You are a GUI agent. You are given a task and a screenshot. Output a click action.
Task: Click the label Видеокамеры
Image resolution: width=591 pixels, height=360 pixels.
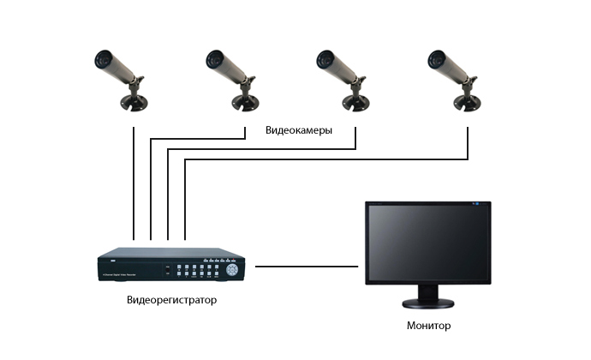298,130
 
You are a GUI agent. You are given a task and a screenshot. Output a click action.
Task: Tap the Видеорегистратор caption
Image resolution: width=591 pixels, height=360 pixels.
171,300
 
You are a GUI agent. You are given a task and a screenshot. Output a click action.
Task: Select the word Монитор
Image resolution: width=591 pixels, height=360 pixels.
428,326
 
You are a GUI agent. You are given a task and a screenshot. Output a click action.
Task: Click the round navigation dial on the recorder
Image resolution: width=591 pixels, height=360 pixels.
233,270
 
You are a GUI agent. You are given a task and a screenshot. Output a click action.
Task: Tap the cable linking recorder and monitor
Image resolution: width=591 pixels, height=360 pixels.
307,267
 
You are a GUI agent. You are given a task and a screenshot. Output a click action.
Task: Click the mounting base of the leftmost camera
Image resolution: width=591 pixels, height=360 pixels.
134,103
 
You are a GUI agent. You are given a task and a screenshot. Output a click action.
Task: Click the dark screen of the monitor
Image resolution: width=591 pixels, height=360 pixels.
427,244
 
